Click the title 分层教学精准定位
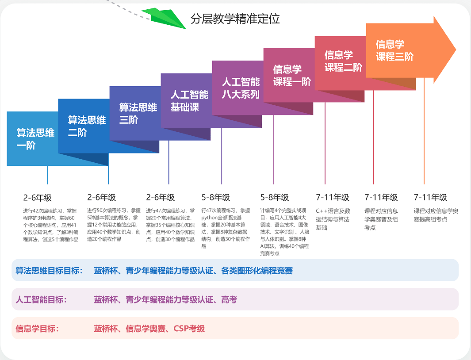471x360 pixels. [235, 19]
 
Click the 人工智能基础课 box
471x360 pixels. [189, 101]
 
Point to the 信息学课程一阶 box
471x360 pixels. [291, 75]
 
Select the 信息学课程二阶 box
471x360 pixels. [343, 61]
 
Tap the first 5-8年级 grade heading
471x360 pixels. [216, 197]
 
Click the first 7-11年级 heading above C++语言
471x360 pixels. [332, 197]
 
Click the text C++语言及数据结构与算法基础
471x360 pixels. [333, 219]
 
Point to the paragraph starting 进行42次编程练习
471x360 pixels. [50, 225]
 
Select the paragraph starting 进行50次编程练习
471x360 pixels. [114, 225]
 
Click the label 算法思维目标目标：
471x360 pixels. [49, 271]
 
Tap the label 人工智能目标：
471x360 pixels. [41, 300]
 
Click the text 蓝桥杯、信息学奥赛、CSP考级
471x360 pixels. [149, 329]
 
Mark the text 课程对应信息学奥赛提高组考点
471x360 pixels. [436, 215]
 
